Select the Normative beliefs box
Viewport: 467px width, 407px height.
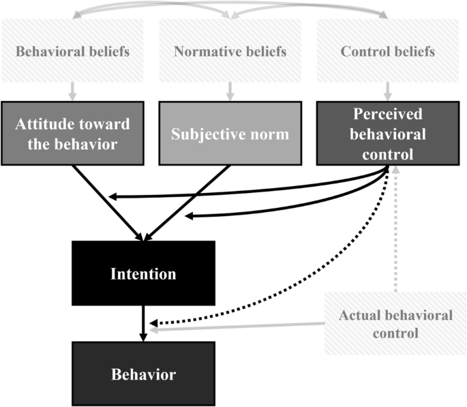[229, 51]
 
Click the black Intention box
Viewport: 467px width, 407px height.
[144, 273]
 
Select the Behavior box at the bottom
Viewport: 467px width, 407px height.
[142, 374]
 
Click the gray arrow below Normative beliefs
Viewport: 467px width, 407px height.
[229, 90]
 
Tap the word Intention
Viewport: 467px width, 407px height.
[144, 274]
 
